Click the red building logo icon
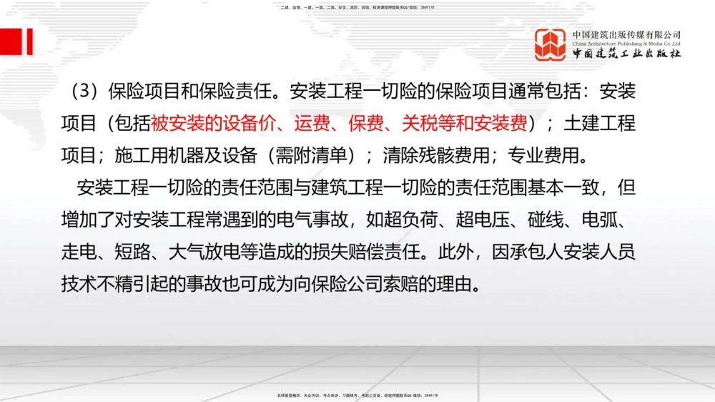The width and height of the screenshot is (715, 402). tap(551, 44)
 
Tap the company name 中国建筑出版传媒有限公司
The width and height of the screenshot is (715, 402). tap(626, 34)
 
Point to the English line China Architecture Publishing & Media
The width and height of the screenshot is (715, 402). tap(626, 44)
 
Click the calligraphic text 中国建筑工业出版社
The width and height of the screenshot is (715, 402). tap(626, 54)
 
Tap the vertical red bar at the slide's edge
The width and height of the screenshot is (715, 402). tap(29, 41)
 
